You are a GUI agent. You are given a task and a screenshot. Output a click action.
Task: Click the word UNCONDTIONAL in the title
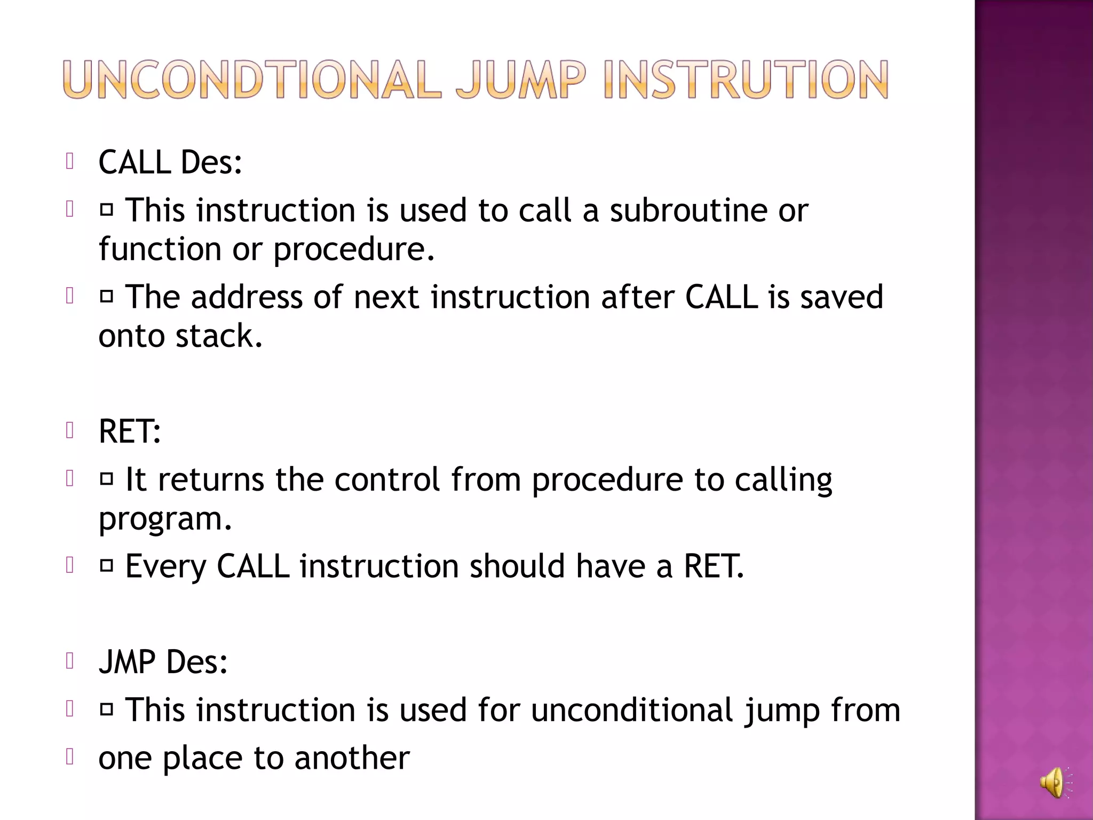pos(251,80)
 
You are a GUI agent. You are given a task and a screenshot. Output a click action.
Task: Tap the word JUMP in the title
pos(521,80)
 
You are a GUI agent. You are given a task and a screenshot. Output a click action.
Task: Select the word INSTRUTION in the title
pos(746,80)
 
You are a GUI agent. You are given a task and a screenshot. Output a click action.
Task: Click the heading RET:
pos(130,431)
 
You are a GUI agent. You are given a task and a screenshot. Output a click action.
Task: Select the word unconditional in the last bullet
pos(632,711)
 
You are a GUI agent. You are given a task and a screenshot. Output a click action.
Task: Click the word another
pos(352,758)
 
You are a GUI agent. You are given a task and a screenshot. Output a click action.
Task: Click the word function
pos(160,249)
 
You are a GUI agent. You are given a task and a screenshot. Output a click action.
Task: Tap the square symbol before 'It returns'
pos(107,479)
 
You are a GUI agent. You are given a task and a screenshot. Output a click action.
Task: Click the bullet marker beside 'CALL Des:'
pos(69,161)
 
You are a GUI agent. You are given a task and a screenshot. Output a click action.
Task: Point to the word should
pos(517,567)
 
